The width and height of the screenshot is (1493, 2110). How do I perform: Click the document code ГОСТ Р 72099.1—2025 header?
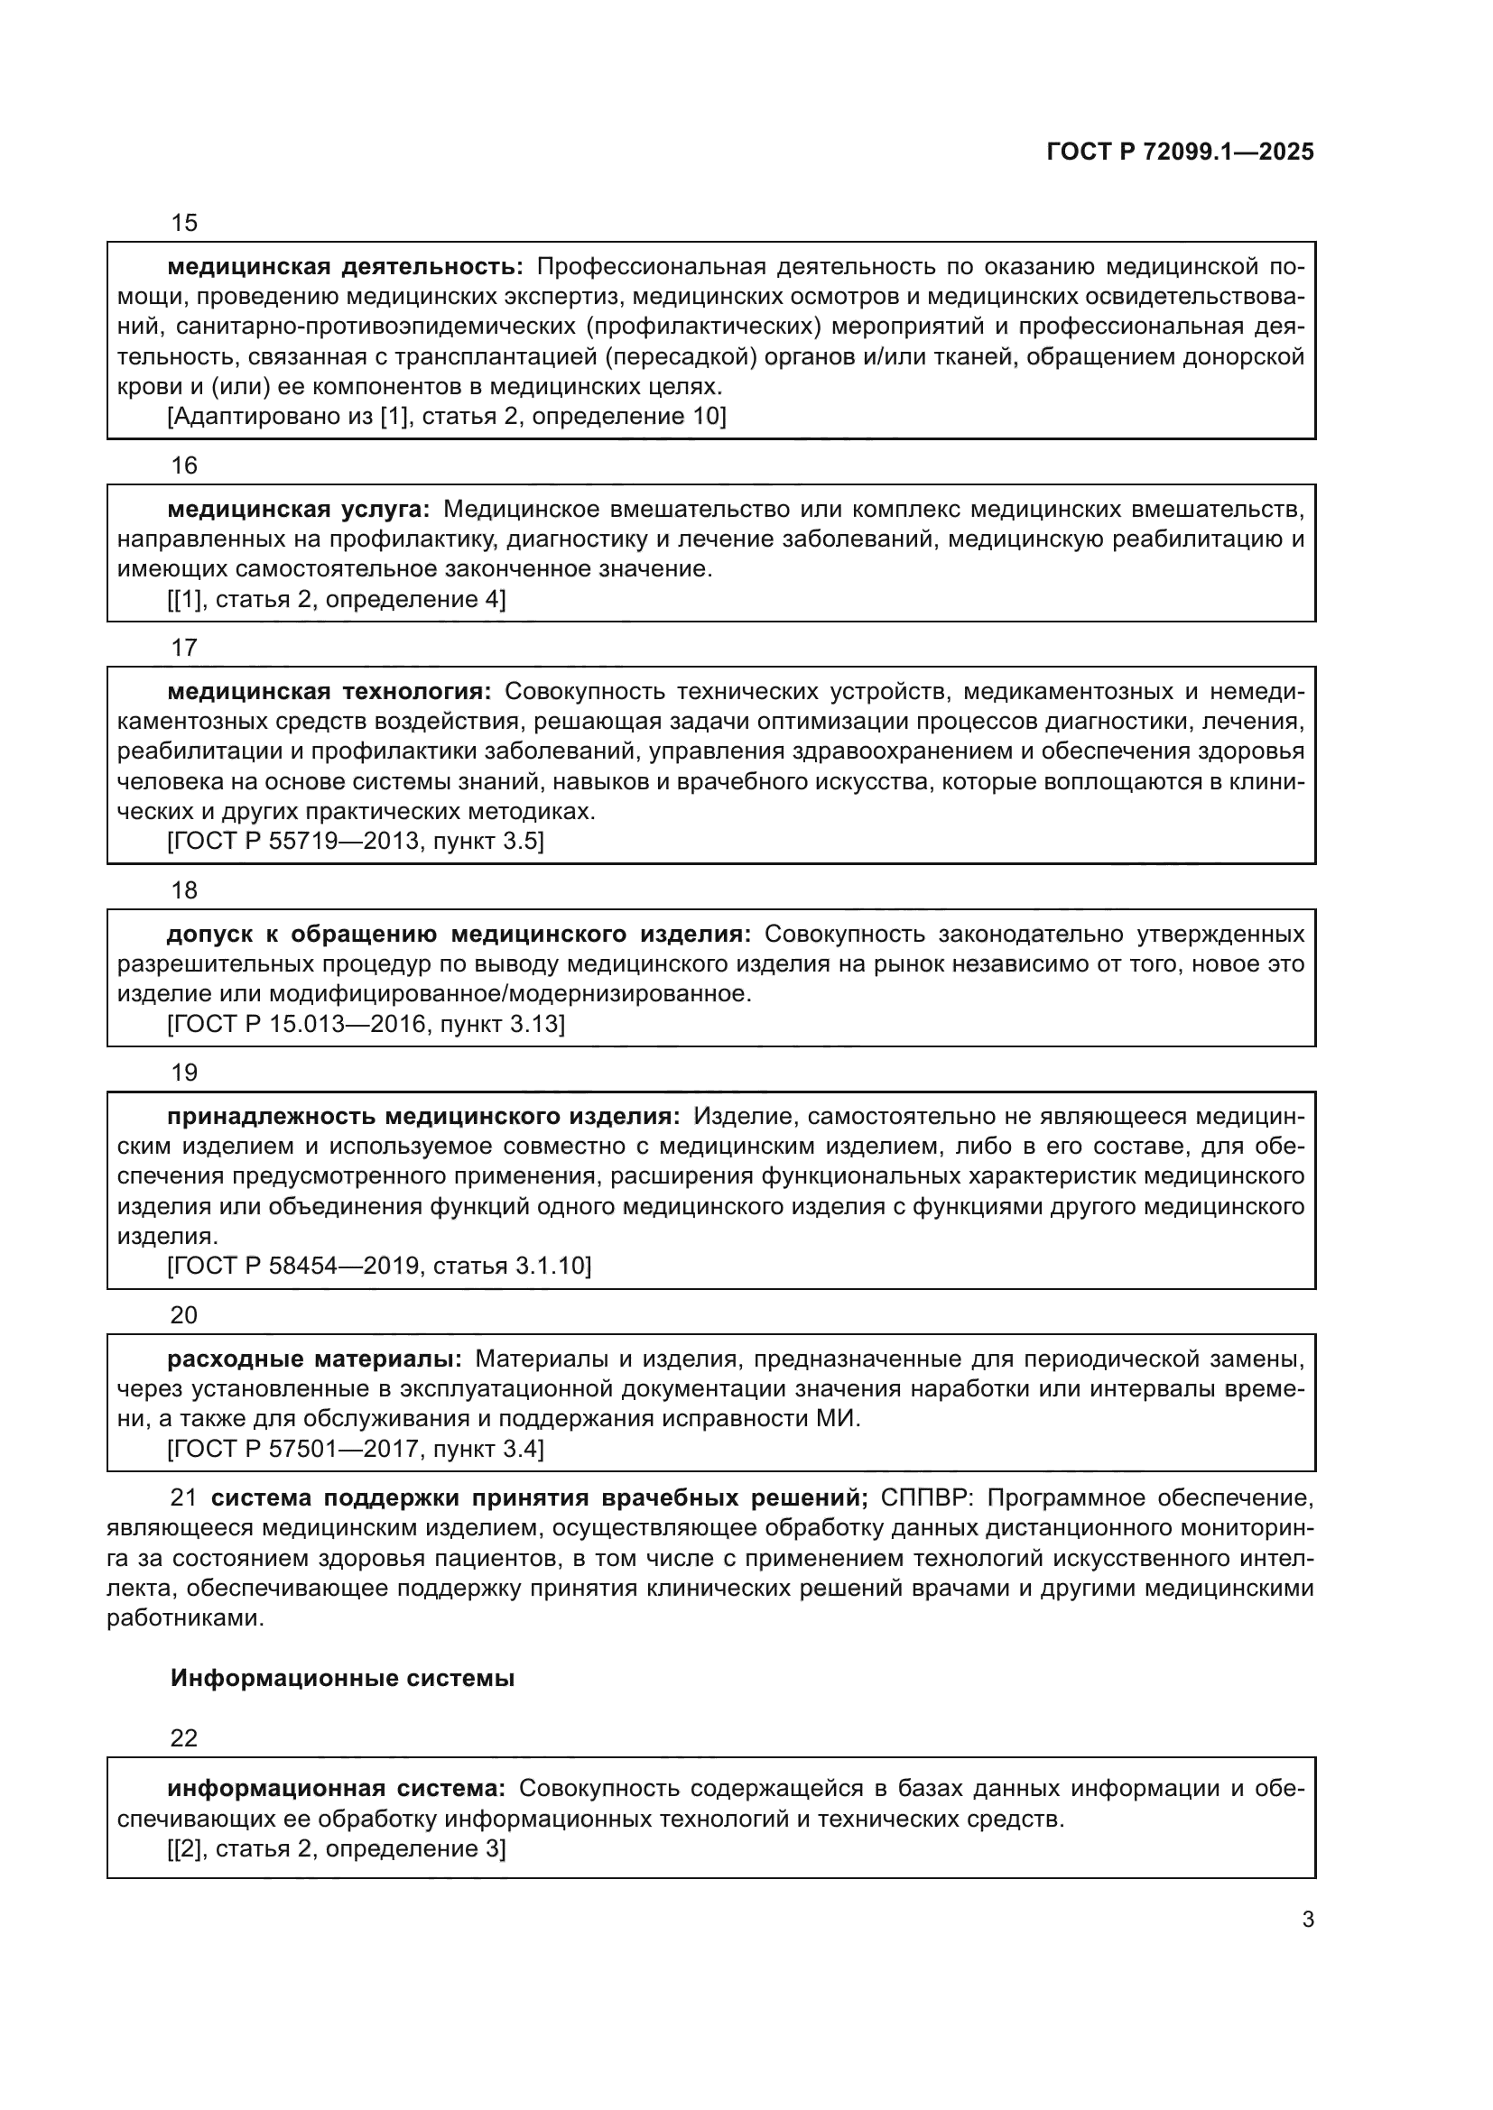[x=1180, y=152]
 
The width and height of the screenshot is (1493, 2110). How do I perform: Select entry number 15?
[x=184, y=224]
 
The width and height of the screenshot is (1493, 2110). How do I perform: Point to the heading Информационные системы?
[x=342, y=1679]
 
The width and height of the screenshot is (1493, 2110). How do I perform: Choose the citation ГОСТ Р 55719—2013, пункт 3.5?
[x=355, y=841]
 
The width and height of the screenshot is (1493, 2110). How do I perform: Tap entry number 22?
[x=184, y=1737]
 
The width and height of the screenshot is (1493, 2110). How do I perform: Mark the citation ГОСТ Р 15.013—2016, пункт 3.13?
[x=365, y=1024]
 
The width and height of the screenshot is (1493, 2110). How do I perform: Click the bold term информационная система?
[x=337, y=1788]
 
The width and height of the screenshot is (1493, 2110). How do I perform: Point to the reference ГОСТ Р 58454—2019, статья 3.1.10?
[x=379, y=1266]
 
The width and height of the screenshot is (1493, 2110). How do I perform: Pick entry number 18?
[x=184, y=890]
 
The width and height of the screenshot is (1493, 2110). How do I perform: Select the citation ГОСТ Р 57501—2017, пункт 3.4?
[x=355, y=1450]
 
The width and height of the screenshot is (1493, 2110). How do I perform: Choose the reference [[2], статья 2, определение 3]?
[x=337, y=1849]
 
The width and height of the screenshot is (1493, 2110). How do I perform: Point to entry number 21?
[x=184, y=1498]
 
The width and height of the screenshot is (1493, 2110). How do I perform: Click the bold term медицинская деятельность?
[x=345, y=267]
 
